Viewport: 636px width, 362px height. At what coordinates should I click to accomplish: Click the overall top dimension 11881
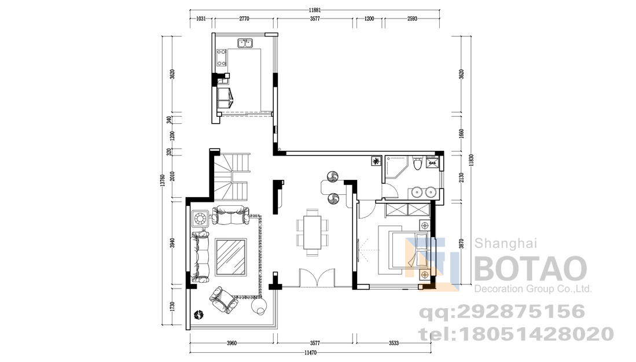tap(315, 10)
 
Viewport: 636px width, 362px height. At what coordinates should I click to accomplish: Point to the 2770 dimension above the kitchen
tap(244, 19)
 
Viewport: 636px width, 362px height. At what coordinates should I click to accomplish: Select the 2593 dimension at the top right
tap(412, 19)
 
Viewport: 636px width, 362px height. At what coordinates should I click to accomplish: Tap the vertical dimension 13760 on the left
tap(163, 180)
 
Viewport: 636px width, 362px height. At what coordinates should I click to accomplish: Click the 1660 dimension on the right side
tap(461, 134)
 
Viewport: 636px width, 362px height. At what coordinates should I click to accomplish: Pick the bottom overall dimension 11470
tap(310, 353)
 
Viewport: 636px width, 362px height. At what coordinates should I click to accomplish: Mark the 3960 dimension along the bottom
tap(231, 343)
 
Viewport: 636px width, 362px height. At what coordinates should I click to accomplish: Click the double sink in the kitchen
tap(245, 43)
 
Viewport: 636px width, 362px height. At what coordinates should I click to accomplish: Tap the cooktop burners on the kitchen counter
tap(222, 58)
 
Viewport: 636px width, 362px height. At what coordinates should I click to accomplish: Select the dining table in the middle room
tap(313, 232)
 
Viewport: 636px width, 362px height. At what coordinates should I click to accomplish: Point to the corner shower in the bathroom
tap(395, 167)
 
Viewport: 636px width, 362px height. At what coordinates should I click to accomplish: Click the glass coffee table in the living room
tap(231, 257)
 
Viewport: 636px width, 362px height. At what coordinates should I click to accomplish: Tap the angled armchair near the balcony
tap(223, 300)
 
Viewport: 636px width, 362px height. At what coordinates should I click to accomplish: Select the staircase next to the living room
tap(231, 176)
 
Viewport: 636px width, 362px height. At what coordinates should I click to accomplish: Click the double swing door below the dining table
tap(317, 278)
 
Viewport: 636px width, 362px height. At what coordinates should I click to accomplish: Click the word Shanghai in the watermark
tap(506, 243)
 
